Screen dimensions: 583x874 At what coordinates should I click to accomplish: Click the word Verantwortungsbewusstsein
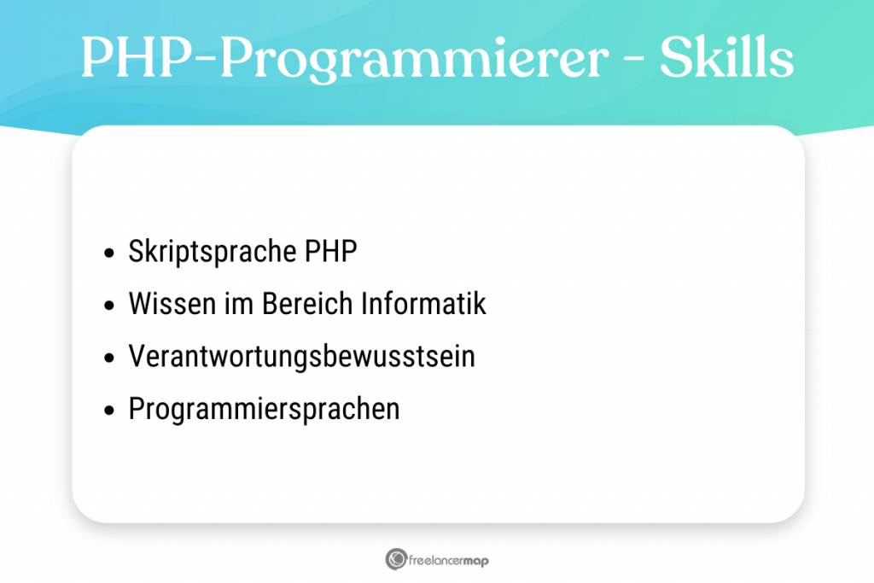[x=301, y=357]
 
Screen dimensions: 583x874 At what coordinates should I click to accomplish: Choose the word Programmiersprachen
[x=264, y=409]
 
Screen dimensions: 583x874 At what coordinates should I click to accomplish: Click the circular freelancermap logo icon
[x=395, y=560]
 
